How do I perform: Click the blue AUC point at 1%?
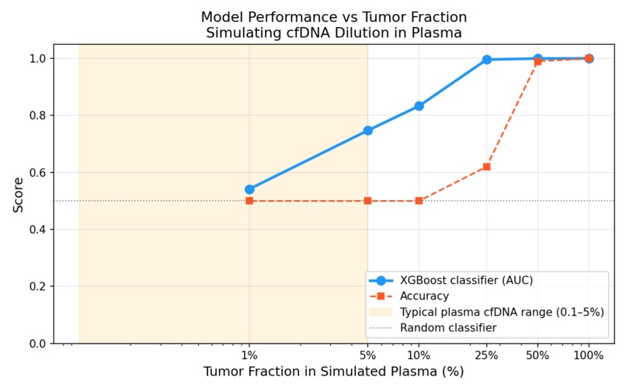249,189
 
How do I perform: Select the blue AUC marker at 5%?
368,130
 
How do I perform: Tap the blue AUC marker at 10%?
419,106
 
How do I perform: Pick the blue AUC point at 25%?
487,60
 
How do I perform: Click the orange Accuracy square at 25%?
487,167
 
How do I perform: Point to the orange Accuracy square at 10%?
419,201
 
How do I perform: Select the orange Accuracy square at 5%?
368,201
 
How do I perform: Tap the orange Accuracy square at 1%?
249,201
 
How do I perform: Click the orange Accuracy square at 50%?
537,61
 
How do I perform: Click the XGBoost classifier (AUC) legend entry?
466,281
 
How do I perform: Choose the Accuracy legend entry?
424,296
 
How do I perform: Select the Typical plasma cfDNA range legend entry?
502,312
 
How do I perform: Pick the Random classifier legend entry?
447,328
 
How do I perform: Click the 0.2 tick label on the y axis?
38,287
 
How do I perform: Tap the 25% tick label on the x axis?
487,355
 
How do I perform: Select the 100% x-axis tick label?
589,355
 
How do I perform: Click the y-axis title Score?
18,194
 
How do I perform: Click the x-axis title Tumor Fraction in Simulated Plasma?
334,372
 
